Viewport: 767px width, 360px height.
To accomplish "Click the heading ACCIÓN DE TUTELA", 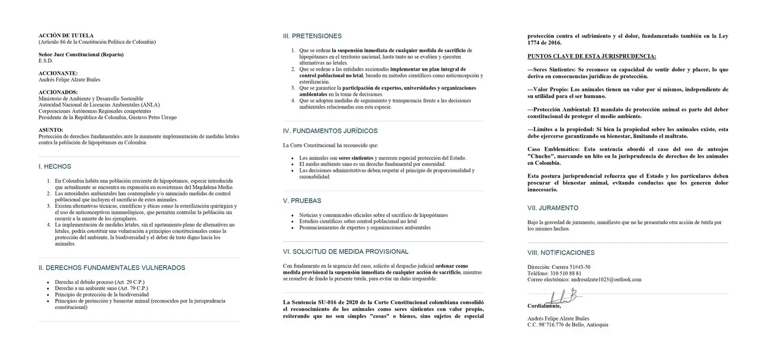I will pyautogui.click(x=66, y=36).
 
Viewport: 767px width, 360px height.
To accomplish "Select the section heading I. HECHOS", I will pyautogui.click(x=55, y=167).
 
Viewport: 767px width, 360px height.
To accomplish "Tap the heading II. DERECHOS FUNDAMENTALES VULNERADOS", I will pyautogui.click(x=111, y=268).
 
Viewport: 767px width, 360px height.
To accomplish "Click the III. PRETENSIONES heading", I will pyautogui.click(x=312, y=36).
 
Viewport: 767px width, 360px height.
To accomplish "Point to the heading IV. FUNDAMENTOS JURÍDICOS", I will pyautogui.click(x=330, y=131).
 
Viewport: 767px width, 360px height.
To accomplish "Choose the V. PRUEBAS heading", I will pyautogui.click(x=302, y=201).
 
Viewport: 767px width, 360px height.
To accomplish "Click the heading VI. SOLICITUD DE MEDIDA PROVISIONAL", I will pyautogui.click(x=345, y=252).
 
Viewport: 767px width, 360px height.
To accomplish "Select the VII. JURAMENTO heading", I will pyautogui.click(x=552, y=208).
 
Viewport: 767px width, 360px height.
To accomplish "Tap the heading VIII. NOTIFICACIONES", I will pyautogui.click(x=561, y=253).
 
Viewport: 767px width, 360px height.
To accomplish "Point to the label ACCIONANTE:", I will pyautogui.click(x=58, y=73).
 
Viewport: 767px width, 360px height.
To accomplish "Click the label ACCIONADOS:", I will pyautogui.click(x=58, y=92).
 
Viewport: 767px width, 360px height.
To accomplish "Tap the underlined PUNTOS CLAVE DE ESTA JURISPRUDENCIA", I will pyautogui.click(x=591, y=56).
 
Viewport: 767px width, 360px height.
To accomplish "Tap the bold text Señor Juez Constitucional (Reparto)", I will pyautogui.click(x=81, y=55).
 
